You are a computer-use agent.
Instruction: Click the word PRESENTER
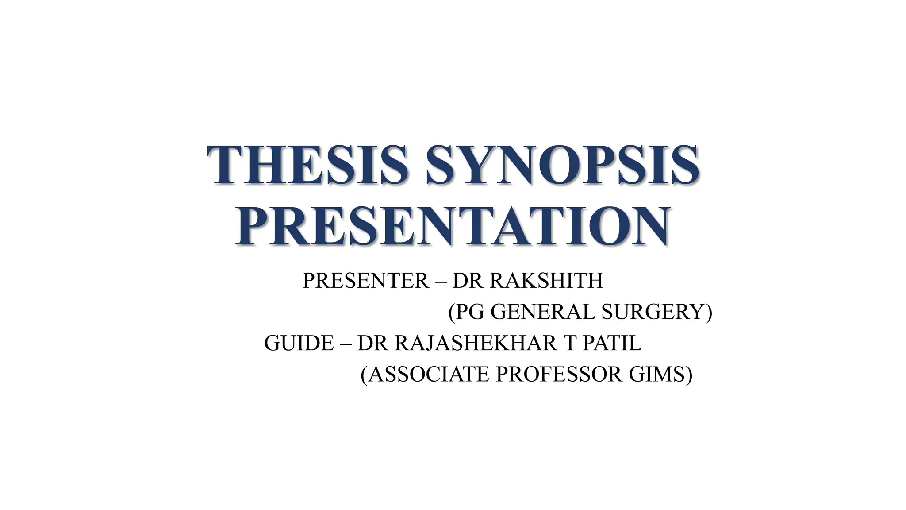coord(365,281)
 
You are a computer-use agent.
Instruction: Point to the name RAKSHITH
coord(547,281)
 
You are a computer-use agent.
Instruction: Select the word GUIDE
coord(299,343)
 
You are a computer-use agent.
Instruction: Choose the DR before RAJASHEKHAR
coord(373,343)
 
